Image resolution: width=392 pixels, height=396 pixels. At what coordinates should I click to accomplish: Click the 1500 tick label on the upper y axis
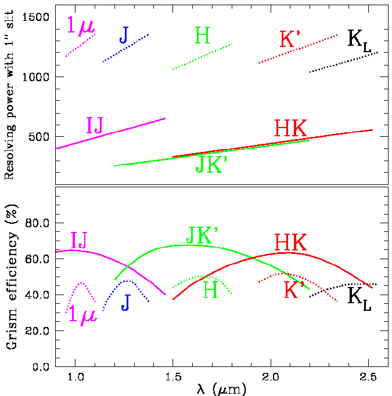click(x=34, y=17)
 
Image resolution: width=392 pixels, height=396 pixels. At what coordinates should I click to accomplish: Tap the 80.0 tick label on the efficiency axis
click(x=34, y=223)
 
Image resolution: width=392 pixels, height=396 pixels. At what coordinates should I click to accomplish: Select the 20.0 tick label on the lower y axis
click(x=34, y=331)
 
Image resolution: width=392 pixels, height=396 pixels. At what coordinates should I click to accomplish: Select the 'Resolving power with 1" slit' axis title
click(x=10, y=96)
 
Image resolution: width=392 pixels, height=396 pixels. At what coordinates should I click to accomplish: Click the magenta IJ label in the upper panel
click(x=95, y=125)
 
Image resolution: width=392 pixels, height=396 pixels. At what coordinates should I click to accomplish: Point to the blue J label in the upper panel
click(x=124, y=35)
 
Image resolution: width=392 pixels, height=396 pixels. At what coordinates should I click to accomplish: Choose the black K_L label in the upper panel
click(x=359, y=40)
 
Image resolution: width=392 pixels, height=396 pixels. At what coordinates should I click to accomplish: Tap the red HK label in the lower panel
click(x=290, y=242)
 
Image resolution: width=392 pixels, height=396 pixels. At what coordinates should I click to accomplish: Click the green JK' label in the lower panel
click(x=202, y=234)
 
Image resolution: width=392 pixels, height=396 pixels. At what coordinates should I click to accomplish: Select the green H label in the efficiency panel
click(x=210, y=290)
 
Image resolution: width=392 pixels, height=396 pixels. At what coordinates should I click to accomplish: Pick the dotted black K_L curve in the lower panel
click(x=343, y=286)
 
